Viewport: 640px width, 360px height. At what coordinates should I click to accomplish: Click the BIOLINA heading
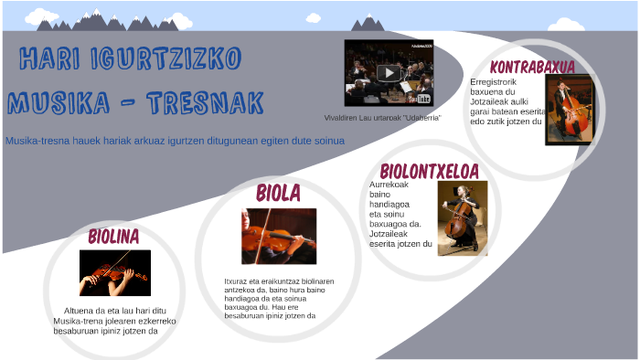113,237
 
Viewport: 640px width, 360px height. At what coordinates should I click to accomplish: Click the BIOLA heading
278,193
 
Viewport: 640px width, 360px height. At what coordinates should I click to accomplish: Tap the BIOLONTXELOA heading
429,171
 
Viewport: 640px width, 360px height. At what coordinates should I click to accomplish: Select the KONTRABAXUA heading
531,67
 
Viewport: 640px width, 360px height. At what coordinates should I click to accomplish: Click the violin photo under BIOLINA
114,272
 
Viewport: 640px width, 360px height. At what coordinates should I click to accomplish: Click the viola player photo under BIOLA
279,236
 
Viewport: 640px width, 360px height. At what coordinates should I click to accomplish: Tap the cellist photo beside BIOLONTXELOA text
463,217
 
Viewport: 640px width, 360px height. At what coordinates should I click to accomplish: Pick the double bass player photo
570,110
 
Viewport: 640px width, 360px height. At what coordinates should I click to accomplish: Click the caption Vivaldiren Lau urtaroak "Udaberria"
382,118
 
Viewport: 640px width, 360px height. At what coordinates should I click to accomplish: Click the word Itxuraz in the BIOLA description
236,281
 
